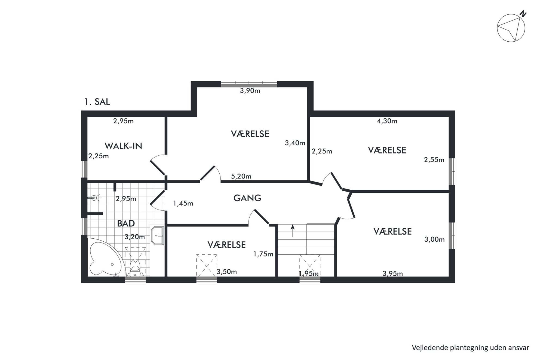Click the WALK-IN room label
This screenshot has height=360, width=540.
pyautogui.click(x=123, y=146)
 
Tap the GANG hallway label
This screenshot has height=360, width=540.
pyautogui.click(x=247, y=198)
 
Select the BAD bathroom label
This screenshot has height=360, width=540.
pyautogui.click(x=126, y=223)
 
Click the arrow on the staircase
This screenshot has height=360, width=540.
pyautogui.click(x=293, y=231)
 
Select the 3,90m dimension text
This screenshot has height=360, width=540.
pyautogui.click(x=250, y=91)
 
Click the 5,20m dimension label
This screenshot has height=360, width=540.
pyautogui.click(x=241, y=176)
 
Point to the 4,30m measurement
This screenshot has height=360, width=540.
pyautogui.click(x=387, y=121)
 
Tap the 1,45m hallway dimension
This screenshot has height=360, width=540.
pyautogui.click(x=183, y=203)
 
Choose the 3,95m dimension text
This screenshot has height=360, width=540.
pyautogui.click(x=392, y=273)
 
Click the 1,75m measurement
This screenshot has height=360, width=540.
pyautogui.click(x=263, y=254)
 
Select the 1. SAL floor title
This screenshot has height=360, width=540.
pyautogui.click(x=97, y=102)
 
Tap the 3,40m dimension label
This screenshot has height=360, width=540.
pyautogui.click(x=295, y=143)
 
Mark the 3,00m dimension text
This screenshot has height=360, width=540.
pyautogui.click(x=434, y=239)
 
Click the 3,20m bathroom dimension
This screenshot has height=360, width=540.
pyautogui.click(x=135, y=237)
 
